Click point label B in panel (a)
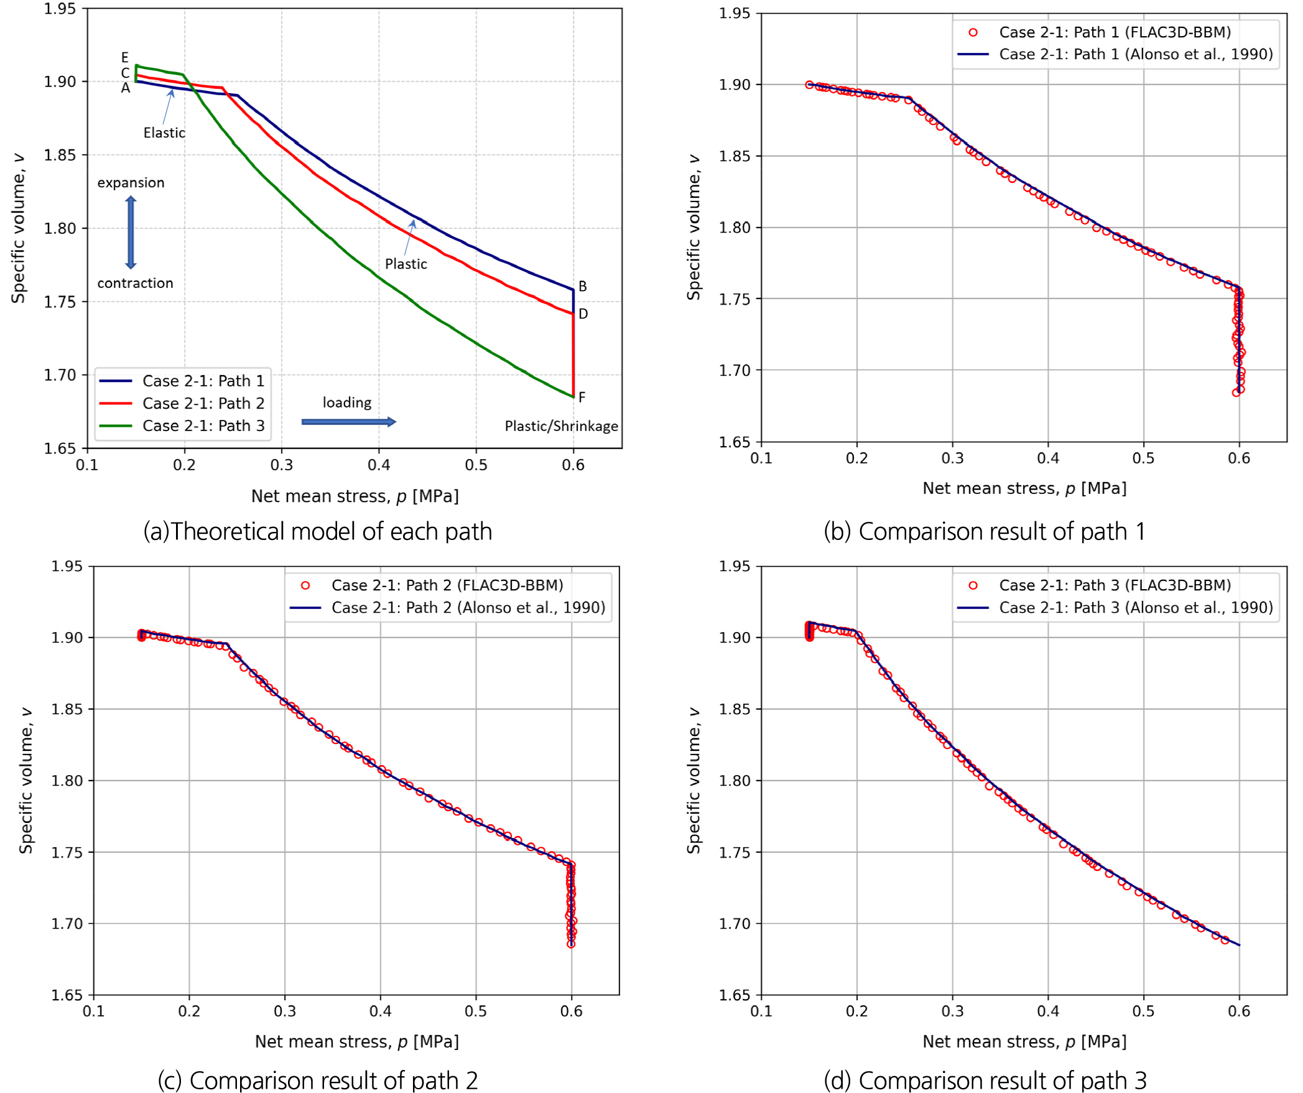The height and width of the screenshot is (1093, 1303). [583, 286]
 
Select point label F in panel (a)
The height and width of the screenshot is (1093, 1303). [582, 397]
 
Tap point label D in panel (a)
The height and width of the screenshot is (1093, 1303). [583, 314]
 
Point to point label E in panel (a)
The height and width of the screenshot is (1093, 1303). [125, 57]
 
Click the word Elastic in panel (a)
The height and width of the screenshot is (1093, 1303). [164, 133]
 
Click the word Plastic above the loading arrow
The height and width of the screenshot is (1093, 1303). [406, 264]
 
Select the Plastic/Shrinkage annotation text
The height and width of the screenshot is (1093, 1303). [561, 426]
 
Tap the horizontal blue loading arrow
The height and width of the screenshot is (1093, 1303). [348, 422]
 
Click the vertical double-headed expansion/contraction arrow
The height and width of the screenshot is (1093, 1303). [131, 233]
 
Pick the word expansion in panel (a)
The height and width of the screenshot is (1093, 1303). [131, 183]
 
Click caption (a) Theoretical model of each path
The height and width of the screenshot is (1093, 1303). [318, 532]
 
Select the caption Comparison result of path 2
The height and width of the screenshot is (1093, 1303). [318, 1081]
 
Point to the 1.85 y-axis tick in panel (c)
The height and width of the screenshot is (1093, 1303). [67, 709]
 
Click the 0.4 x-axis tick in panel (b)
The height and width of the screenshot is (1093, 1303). [1048, 458]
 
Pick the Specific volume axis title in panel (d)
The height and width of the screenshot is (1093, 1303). [693, 780]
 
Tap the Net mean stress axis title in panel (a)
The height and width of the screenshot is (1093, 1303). [355, 496]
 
